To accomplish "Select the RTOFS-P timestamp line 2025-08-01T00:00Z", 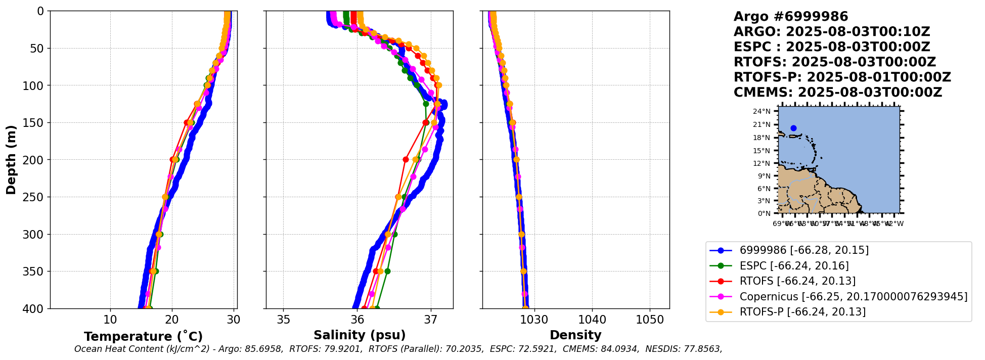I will (x=842, y=77).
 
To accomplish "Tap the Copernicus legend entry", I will (x=853, y=296).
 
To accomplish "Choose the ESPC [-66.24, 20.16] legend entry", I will (x=794, y=265).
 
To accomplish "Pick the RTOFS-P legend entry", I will (x=802, y=311).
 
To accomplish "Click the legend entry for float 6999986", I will (x=804, y=250).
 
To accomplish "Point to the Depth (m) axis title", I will (x=11, y=160).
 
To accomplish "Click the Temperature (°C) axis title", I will (x=143, y=336).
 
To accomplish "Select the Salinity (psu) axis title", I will (x=360, y=335).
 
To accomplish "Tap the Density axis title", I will (x=575, y=335).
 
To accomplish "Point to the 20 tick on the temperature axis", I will (x=172, y=320).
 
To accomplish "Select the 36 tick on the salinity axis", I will (x=357, y=320).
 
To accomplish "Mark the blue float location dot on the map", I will (x=793, y=128).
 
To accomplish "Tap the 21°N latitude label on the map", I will (x=764, y=125).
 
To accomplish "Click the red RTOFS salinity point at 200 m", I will (x=406, y=159).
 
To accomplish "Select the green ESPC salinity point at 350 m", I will (x=387, y=271).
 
